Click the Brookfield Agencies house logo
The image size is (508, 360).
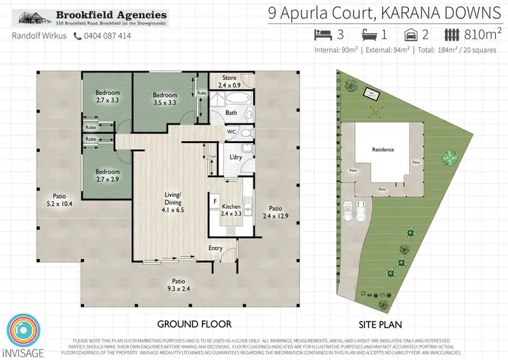pos(33,18)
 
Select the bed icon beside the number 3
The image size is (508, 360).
pos(322,35)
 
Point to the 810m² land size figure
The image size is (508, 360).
pos(483,34)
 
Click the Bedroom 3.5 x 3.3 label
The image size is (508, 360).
pos(165,99)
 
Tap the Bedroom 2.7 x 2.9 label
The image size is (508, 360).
pos(107,176)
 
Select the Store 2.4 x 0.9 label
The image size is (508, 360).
pos(224,82)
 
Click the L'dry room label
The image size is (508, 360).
pos(236,157)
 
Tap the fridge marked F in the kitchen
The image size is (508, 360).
pos(215,201)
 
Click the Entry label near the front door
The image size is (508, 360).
pos(215,248)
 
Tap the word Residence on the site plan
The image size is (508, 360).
pos(383,150)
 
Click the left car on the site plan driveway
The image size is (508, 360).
pos(347,211)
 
